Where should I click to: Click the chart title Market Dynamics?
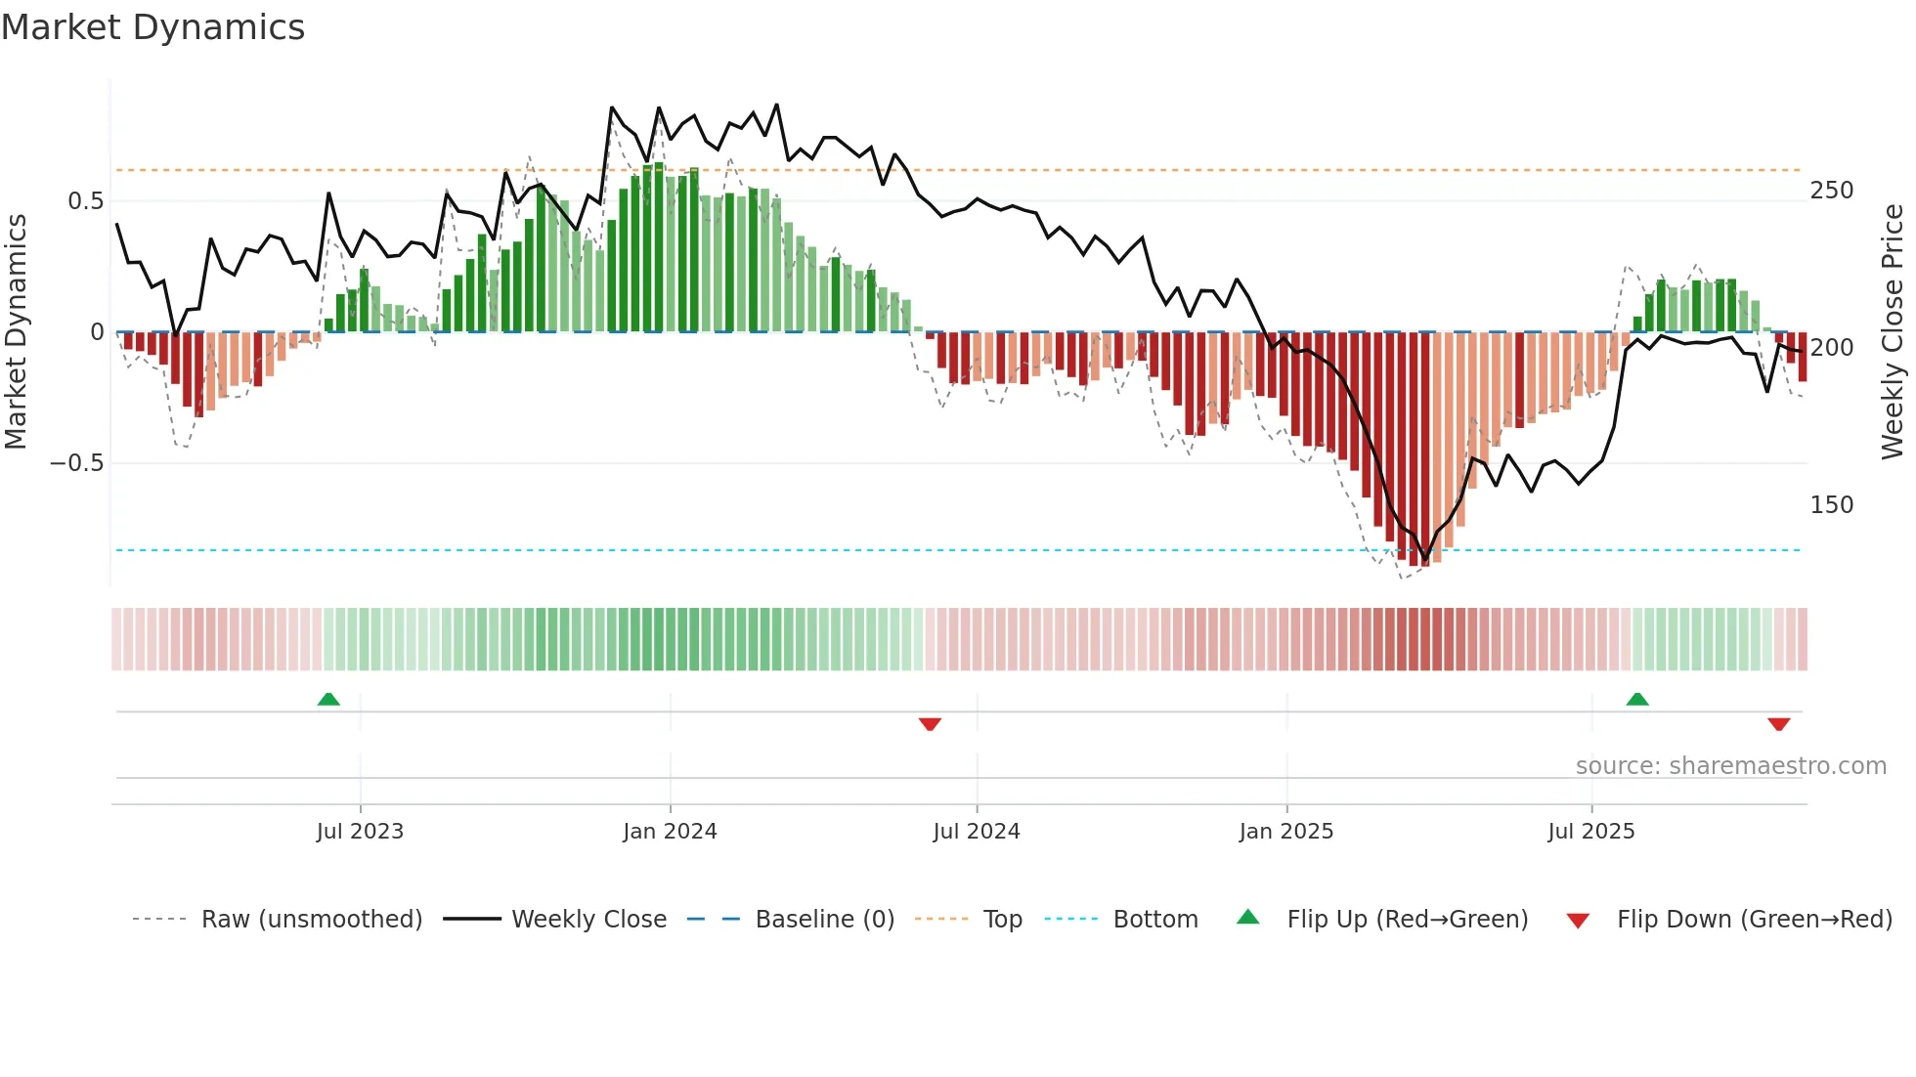pos(152,27)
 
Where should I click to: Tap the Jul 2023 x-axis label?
pos(360,832)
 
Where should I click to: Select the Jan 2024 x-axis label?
pos(670,832)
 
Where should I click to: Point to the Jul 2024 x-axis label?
pos(976,832)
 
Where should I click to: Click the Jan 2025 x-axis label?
pos(1285,832)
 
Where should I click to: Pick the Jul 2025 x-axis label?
pos(1590,832)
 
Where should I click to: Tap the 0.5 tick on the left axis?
pos(85,201)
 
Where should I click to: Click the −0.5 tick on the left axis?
pos(77,463)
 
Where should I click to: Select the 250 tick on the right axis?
pos(1831,191)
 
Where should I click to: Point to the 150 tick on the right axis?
pos(1831,505)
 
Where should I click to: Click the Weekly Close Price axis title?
pos(1893,331)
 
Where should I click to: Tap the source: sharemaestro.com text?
pos(1730,766)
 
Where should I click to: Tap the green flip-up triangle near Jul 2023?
pos(328,700)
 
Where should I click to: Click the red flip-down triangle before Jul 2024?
pos(930,724)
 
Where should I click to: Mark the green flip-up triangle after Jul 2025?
pos(1636,700)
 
